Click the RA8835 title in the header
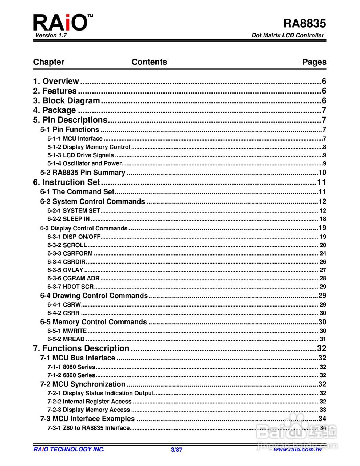pyautogui.click(x=304, y=24)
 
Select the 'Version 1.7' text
pyautogui.click(x=51, y=35)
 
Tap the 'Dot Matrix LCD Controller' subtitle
pyautogui.click(x=287, y=35)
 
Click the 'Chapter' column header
pyautogui.click(x=48, y=62)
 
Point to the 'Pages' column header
pyautogui.click(x=314, y=62)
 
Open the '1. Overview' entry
pyautogui.click(x=56, y=81)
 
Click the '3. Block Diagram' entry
pyautogui.click(x=67, y=100)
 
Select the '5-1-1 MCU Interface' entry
pyautogui.click(x=75, y=138)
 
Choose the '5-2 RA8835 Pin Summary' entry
pyautogui.click(x=83, y=173)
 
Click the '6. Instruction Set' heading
pyautogui.click(x=67, y=182)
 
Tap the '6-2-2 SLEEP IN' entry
pyautogui.click(x=68, y=219)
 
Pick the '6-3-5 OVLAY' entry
pyautogui.click(x=66, y=270)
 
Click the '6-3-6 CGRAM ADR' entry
pyautogui.click(x=73, y=278)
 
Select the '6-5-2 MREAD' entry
pyautogui.click(x=66, y=339)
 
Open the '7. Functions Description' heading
pyautogui.click(x=81, y=348)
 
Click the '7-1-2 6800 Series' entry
pyautogui.click(x=71, y=375)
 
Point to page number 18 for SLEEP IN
pyautogui.click(x=323, y=219)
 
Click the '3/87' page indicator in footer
pyautogui.click(x=177, y=450)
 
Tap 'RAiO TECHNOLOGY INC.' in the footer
pyautogui.click(x=69, y=449)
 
